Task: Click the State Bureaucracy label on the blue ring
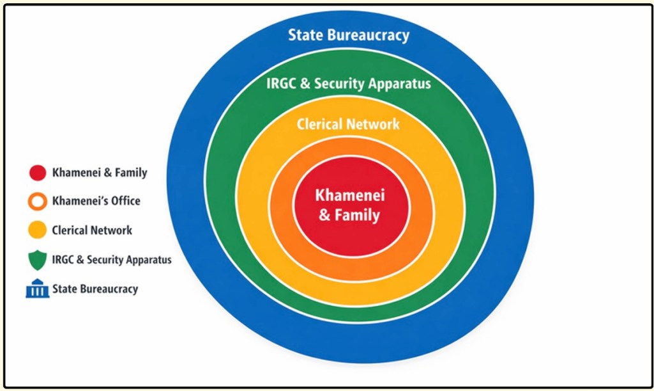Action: click(348, 35)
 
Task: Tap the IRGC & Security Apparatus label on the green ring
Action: click(348, 83)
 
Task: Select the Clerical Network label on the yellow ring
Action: click(348, 124)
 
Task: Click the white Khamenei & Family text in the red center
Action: click(348, 205)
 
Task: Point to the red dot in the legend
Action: click(38, 173)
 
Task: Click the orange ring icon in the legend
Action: click(38, 202)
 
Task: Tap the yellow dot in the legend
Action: click(38, 230)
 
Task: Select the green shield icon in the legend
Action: click(38, 260)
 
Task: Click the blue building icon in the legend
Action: click(37, 289)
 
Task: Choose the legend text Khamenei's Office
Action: click(96, 202)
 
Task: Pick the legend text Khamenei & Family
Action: click(99, 173)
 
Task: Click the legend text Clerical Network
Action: click(92, 230)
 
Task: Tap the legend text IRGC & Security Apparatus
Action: click(111, 260)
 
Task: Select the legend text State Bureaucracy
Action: click(95, 289)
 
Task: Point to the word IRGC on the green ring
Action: click(281, 83)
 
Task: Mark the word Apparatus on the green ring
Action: click(400, 83)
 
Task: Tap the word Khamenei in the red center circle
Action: click(348, 195)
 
